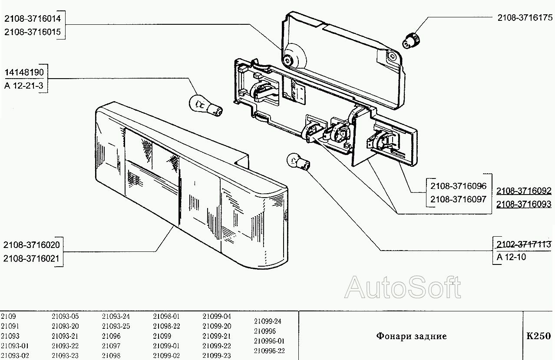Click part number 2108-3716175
click(524, 18)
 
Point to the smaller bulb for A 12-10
click(297, 162)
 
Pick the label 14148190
click(24, 72)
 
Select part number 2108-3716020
click(31, 245)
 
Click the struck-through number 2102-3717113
click(524, 244)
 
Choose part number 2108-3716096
click(458, 186)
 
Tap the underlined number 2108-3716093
click(524, 204)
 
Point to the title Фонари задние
click(411, 336)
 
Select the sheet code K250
click(538, 336)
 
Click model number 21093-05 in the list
click(65, 317)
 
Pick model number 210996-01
click(269, 341)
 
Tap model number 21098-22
click(166, 326)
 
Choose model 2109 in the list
click(8, 317)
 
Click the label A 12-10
click(511, 257)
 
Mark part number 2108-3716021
click(31, 259)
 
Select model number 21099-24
click(267, 322)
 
